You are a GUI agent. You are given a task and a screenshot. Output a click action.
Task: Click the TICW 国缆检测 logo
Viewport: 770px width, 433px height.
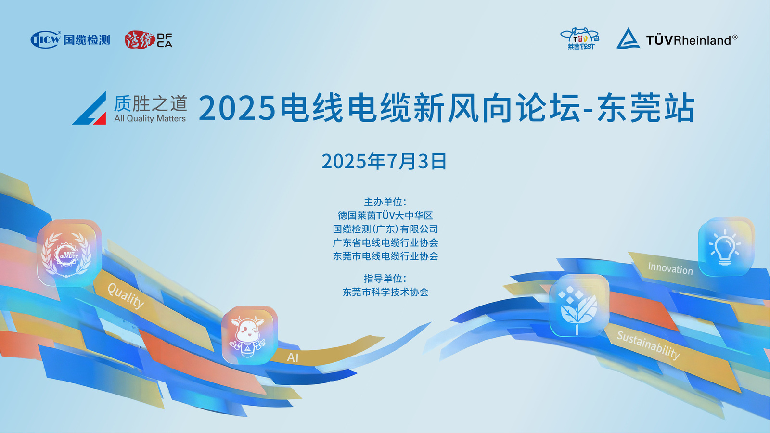pyautogui.click(x=70, y=39)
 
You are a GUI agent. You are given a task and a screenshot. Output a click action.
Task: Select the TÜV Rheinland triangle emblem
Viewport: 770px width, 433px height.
pyautogui.click(x=628, y=38)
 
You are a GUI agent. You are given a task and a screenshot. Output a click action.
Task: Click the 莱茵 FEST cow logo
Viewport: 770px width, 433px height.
pyautogui.click(x=580, y=39)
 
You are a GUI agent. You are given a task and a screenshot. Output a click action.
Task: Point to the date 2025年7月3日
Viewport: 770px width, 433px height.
pyautogui.click(x=384, y=162)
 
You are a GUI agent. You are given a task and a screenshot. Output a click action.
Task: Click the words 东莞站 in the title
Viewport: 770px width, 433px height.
pyautogui.click(x=646, y=108)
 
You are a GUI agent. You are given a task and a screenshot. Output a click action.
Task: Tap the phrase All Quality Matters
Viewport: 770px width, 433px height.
pyautogui.click(x=150, y=118)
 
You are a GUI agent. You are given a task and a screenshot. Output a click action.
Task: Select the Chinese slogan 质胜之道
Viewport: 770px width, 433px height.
pyautogui.click(x=150, y=103)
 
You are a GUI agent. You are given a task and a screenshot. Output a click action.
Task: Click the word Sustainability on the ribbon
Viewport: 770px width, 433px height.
pyautogui.click(x=648, y=345)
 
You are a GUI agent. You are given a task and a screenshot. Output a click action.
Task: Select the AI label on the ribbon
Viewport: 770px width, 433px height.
pyautogui.click(x=293, y=358)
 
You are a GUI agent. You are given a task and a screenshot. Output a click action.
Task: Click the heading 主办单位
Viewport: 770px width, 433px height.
pyautogui.click(x=385, y=202)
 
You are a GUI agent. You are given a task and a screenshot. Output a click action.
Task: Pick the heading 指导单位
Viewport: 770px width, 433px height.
pyautogui.click(x=385, y=279)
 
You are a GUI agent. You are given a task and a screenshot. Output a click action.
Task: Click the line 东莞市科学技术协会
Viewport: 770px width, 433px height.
pyautogui.click(x=385, y=292)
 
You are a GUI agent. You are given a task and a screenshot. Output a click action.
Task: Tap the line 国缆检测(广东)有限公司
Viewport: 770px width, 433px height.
pyautogui.click(x=385, y=229)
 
